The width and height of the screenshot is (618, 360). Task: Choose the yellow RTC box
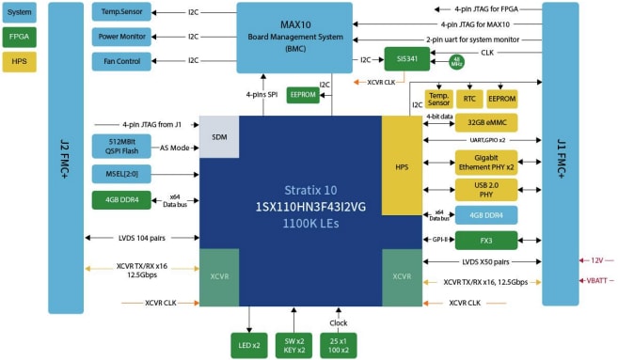[x=470, y=98]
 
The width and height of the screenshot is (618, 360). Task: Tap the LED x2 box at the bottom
[x=249, y=344]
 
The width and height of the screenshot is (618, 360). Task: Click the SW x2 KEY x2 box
[x=294, y=344]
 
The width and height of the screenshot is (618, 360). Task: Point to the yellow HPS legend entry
[x=20, y=60]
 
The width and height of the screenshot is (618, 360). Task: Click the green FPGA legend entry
[x=20, y=37]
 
